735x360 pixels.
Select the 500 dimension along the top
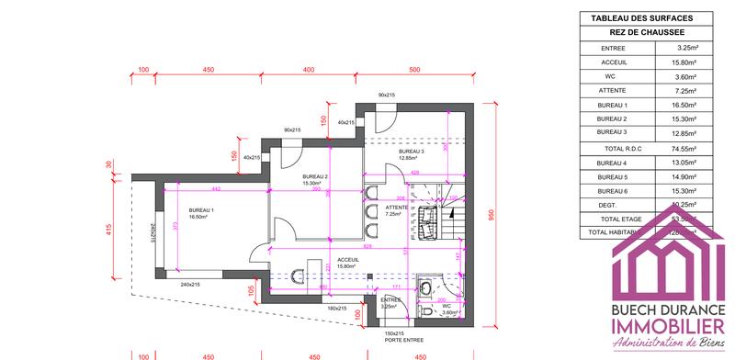(x=414, y=70)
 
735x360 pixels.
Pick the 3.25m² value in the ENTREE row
(x=684, y=47)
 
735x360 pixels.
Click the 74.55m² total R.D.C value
(x=684, y=148)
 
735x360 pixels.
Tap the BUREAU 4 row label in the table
(x=613, y=163)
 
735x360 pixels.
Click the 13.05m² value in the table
(x=684, y=163)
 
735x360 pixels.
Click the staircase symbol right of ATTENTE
(x=452, y=221)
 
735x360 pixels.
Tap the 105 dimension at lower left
(x=248, y=291)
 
